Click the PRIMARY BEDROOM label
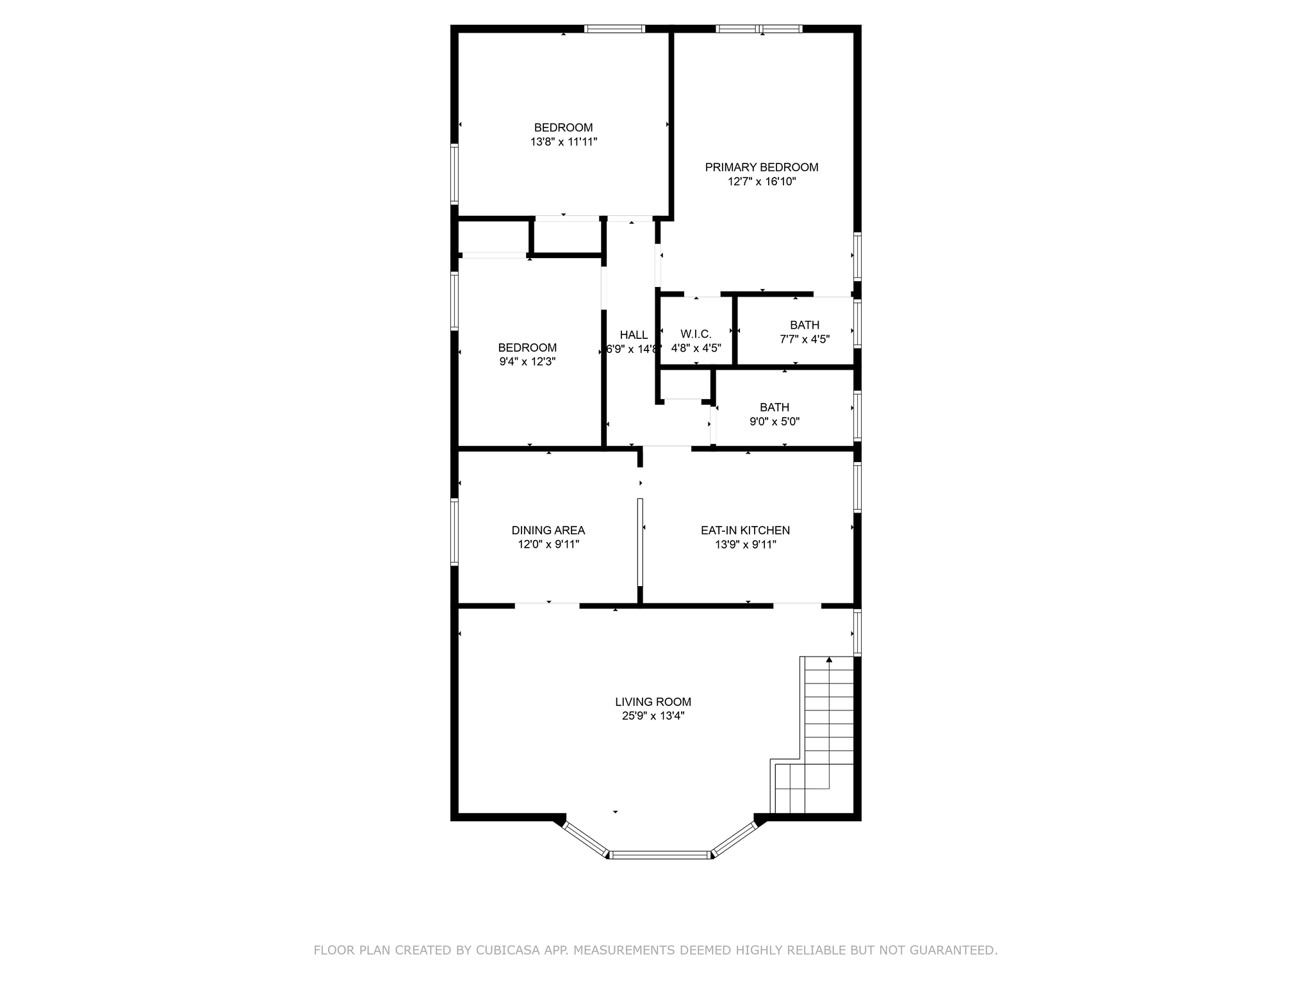click(x=761, y=167)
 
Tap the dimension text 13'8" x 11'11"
click(x=563, y=142)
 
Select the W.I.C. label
click(x=696, y=334)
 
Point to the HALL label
click(x=634, y=334)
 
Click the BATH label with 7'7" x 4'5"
click(x=804, y=325)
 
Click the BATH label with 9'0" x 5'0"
click(x=774, y=407)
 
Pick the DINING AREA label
click(x=548, y=530)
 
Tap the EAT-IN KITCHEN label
click(x=745, y=530)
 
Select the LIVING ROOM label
click(x=653, y=702)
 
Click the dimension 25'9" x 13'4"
click(x=653, y=716)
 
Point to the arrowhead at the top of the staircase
click(x=829, y=659)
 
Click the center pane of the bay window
click(x=660, y=854)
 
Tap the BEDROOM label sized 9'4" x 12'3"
click(x=527, y=347)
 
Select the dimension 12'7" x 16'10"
click(x=761, y=181)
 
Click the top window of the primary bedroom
click(x=758, y=29)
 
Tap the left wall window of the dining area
click(x=454, y=532)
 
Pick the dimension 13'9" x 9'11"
click(x=745, y=545)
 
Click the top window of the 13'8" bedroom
click(x=614, y=29)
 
